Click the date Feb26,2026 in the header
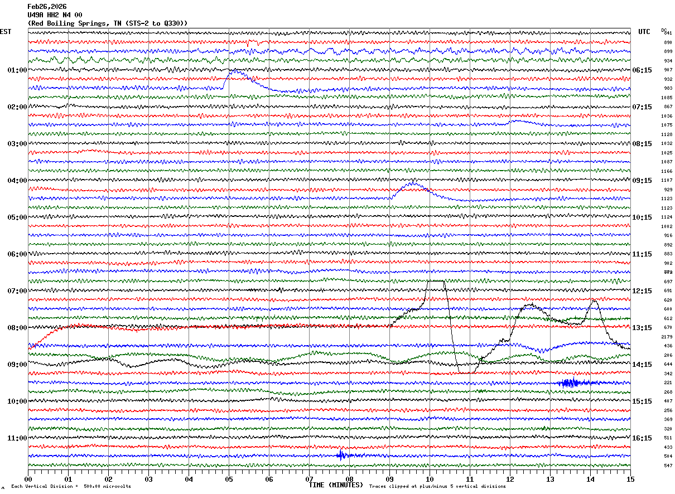tap(47, 7)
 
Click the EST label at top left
tap(6, 32)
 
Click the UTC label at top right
tap(644, 32)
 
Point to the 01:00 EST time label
tap(17, 70)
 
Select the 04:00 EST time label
tap(17, 181)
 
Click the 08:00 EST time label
tap(17, 328)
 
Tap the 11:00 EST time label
tap(17, 438)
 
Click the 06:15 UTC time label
tap(642, 70)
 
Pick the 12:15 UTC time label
tap(642, 291)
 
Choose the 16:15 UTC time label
tap(642, 438)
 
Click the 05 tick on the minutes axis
tap(229, 479)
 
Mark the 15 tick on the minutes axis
tap(630, 479)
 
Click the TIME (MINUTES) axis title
tap(336, 485)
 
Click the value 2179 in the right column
tap(667, 337)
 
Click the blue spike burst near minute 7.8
tap(341, 455)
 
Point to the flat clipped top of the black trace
tap(436, 281)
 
